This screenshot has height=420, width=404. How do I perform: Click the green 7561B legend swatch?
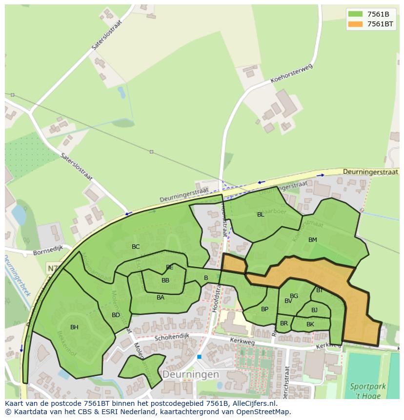click(x=355, y=14)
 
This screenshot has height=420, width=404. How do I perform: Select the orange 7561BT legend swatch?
click(x=355, y=24)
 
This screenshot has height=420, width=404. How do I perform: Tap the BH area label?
click(x=74, y=327)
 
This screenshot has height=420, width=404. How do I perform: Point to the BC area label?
click(x=136, y=247)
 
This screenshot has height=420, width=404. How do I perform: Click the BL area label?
click(x=261, y=215)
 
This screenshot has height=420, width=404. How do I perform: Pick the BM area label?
click(x=313, y=240)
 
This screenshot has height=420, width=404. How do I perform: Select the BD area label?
click(x=116, y=315)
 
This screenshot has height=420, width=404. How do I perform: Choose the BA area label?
click(x=161, y=298)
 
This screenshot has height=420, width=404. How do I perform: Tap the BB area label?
click(x=165, y=280)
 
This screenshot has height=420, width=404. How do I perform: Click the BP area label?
click(x=264, y=309)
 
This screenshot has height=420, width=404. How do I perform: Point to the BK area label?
click(x=310, y=324)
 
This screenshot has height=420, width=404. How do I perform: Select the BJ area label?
click(x=314, y=310)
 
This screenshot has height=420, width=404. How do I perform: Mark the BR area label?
click(x=284, y=323)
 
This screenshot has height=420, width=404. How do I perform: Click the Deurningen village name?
click(x=190, y=374)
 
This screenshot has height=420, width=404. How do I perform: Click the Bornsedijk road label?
click(x=48, y=253)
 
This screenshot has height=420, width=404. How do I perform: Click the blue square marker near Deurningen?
click(x=199, y=357)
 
